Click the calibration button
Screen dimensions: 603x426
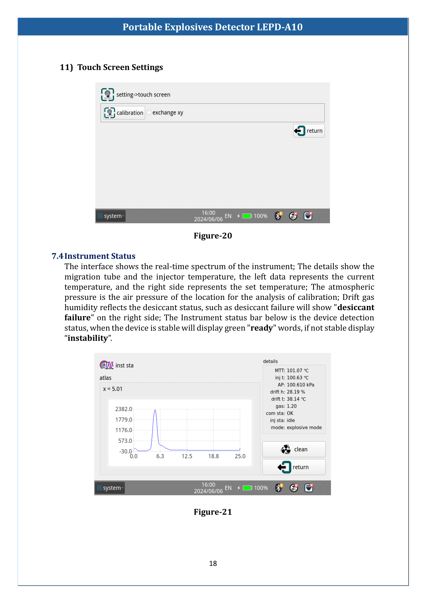[124, 113]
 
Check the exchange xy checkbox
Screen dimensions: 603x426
[149, 112]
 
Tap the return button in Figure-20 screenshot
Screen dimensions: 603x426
[309, 131]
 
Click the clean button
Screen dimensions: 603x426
[294, 449]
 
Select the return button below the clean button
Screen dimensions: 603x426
[294, 467]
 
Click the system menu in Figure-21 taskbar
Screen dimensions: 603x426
[110, 488]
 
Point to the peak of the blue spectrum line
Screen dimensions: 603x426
[155, 410]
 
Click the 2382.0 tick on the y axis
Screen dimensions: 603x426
[124, 409]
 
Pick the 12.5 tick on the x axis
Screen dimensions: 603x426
[187, 456]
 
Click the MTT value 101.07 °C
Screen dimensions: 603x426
[297, 370]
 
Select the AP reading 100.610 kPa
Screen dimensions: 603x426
[300, 385]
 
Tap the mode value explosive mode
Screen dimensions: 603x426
[304, 427]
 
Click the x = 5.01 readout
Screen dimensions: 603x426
[113, 389]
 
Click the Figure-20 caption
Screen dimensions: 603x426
[213, 236]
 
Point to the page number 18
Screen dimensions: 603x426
[213, 563]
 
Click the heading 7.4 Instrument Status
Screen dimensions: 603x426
[94, 256]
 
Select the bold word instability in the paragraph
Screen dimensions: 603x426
[88, 338]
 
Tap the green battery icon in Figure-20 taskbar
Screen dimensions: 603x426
[247, 216]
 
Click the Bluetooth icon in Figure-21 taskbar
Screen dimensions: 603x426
[279, 488]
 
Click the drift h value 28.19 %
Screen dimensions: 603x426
[296, 392]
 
